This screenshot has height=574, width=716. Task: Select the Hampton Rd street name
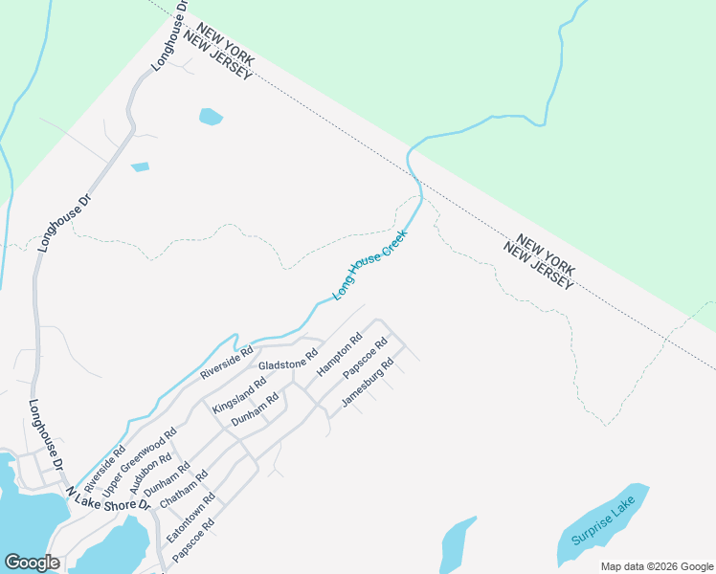(340, 353)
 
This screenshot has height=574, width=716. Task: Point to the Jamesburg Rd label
(368, 383)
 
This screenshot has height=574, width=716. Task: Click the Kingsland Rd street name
(239, 391)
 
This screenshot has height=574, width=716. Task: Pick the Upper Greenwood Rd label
(140, 462)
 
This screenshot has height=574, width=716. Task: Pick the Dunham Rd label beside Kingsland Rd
(255, 409)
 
